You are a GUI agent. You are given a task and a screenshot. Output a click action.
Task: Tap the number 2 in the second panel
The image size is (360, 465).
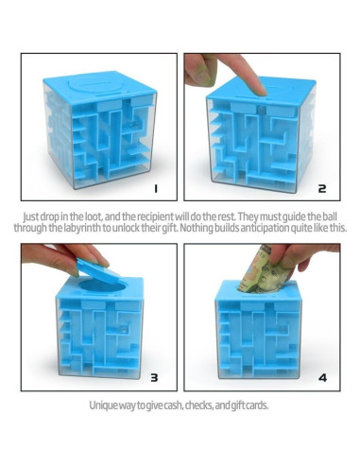322,189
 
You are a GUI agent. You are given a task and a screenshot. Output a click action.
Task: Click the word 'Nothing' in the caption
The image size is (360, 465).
205,227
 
